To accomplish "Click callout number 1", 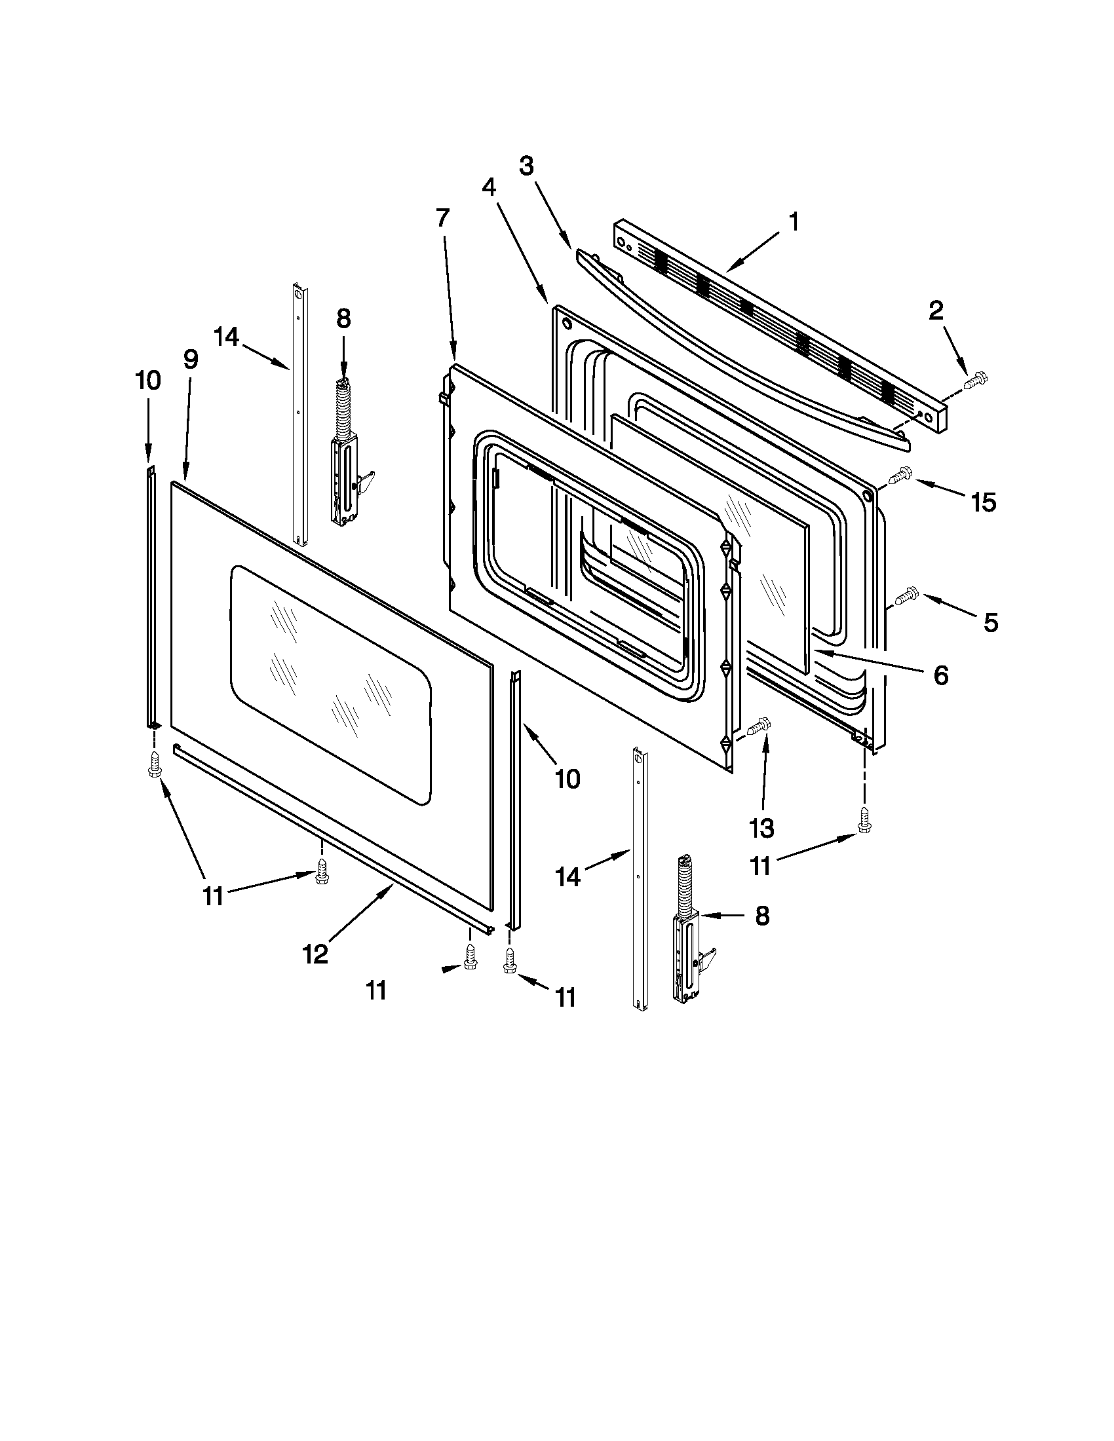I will pos(795,221).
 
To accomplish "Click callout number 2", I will pos(936,311).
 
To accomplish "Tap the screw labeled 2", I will pos(975,381).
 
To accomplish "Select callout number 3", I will pos(526,166).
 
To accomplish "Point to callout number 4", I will pos(488,188).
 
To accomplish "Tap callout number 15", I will pos(983,503).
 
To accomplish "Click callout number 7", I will pos(443,217).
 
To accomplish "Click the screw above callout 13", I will pos(759,725).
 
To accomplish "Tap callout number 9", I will pos(189,359).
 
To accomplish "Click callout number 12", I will pos(316,954).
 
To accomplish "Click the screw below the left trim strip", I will pos(155,763).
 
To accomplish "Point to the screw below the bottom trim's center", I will pos(322,871).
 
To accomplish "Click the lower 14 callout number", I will pos(567,877).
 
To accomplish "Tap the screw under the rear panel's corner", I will pos(863,819).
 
